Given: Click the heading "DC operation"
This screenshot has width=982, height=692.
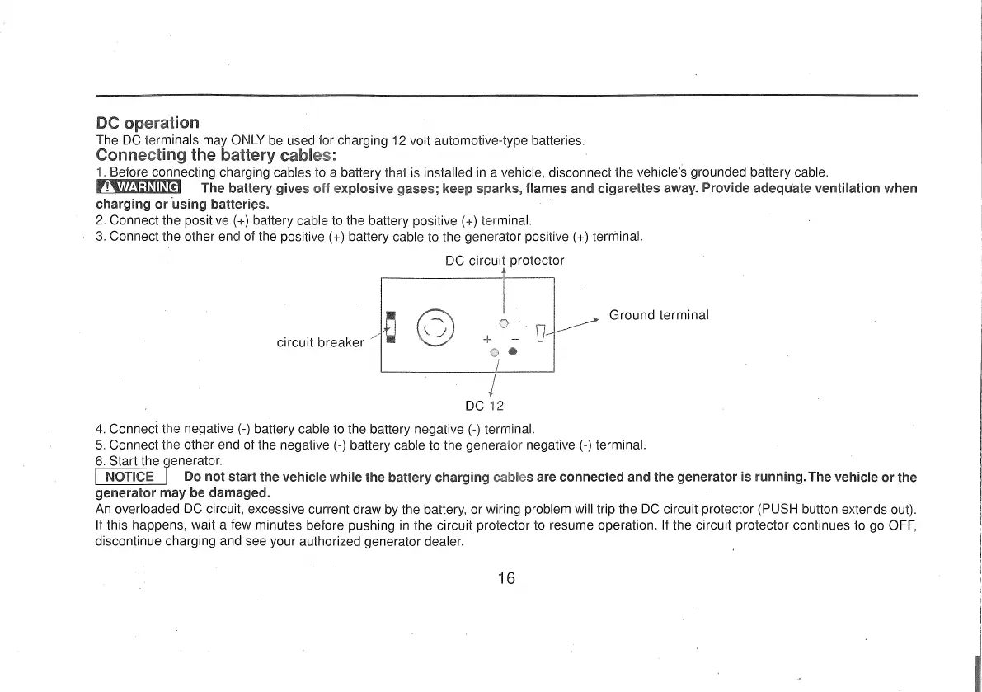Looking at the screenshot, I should tap(148, 124).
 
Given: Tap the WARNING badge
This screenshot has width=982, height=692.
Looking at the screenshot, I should tap(138, 188).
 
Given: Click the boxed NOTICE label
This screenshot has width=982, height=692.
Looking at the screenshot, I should tap(132, 477).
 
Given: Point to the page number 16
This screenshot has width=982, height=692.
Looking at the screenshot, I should tap(506, 578).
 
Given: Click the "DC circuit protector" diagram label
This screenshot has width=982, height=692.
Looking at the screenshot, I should tap(505, 261).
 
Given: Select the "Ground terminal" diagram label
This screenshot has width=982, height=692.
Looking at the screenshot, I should tap(659, 315).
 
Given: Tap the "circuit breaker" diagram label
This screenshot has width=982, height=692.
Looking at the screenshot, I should tap(321, 342).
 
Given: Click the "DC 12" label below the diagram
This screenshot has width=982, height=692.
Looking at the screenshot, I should tap(484, 406).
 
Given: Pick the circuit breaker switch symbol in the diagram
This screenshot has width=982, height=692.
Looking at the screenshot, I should tap(391, 327).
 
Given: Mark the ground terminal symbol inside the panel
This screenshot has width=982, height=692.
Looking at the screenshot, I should tap(541, 333).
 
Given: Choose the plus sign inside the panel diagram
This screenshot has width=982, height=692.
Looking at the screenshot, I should tap(487, 338).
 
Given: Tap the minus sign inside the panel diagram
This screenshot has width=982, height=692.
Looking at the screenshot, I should tap(514, 338).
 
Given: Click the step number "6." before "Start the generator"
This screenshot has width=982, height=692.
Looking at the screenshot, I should tap(101, 460).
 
